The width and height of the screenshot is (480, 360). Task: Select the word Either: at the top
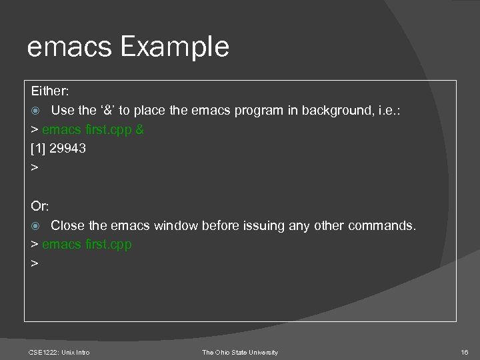click(49, 90)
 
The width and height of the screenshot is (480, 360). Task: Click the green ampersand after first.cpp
click(139, 129)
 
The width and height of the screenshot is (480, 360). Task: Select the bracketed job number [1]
click(39, 149)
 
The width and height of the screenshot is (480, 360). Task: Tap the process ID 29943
click(68, 149)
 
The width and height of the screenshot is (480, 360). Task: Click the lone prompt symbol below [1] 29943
click(35, 168)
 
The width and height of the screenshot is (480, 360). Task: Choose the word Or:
click(40, 207)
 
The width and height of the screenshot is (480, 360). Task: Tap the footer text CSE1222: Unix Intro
click(59, 352)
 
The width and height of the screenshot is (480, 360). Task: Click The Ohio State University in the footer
click(240, 352)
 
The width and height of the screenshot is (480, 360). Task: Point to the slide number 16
click(465, 352)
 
